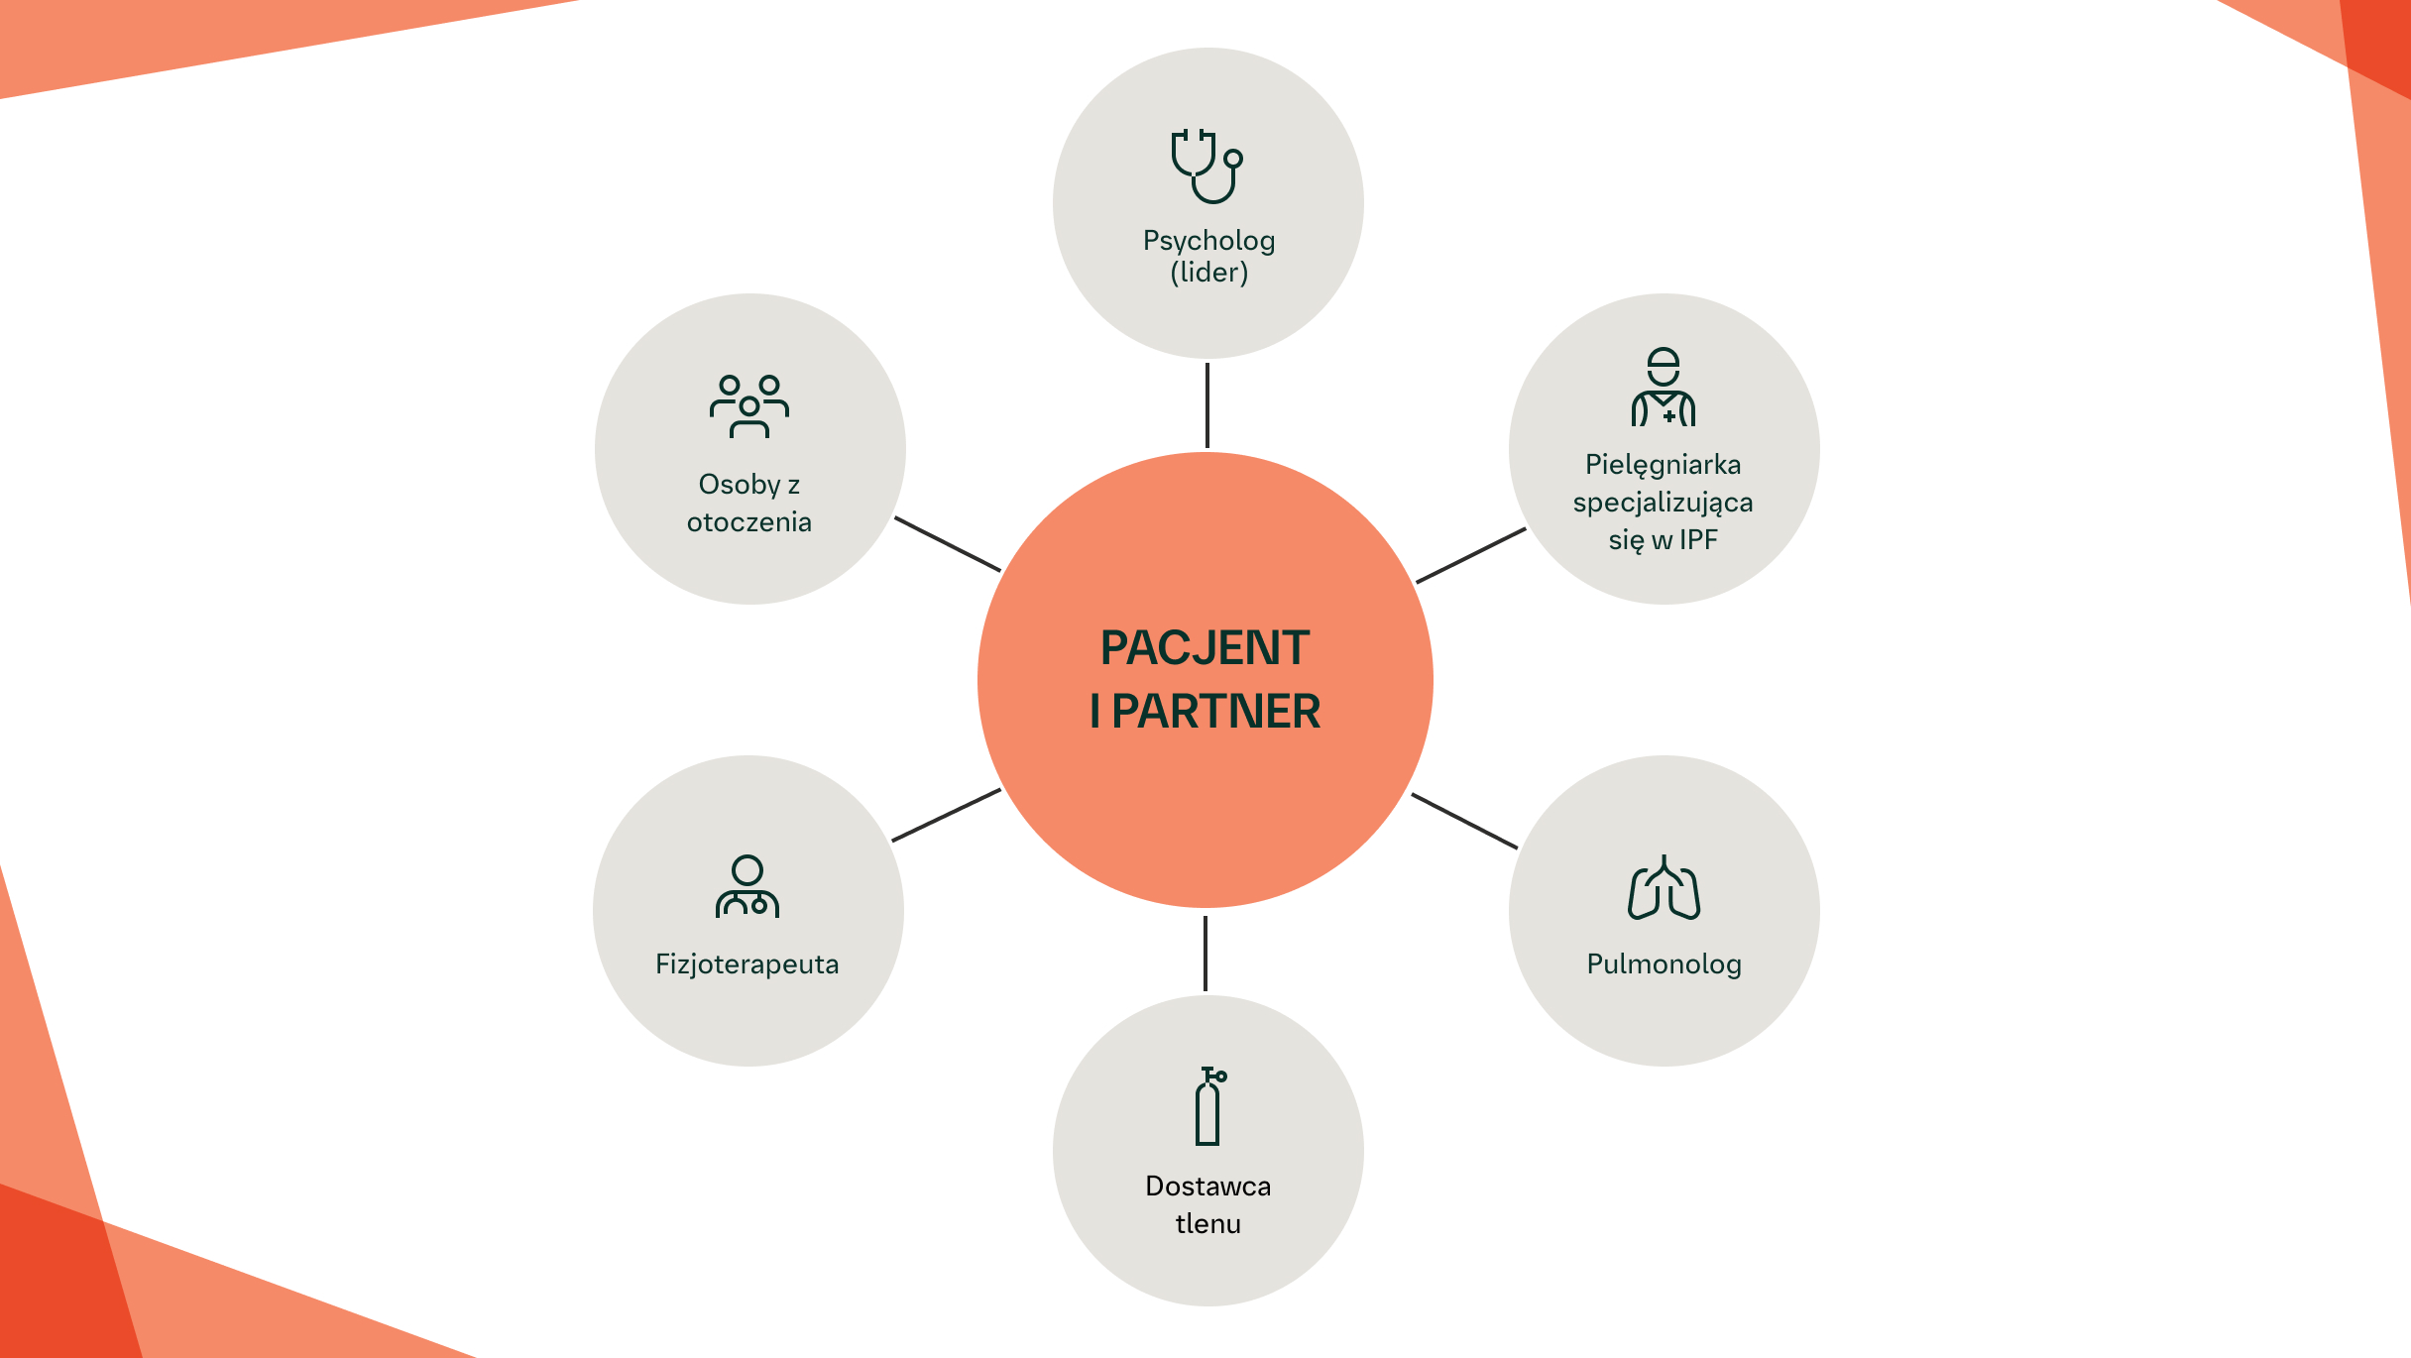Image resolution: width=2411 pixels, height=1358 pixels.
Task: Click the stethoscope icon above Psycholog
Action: [x=1206, y=167]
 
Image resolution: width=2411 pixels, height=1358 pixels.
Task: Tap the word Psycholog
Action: [x=1208, y=241]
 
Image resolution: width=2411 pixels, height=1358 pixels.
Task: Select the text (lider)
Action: [x=1208, y=273]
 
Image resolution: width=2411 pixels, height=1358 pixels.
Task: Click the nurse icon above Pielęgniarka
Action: [x=1664, y=388]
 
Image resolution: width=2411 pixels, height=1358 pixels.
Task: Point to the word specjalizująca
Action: [x=1663, y=503]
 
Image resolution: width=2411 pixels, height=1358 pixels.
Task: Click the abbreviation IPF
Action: [x=1698, y=540]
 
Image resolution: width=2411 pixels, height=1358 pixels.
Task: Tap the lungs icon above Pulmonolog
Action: [x=1664, y=888]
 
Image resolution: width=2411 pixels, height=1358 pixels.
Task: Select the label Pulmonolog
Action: [x=1664, y=964]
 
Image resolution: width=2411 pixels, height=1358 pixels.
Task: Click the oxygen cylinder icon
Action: [x=1208, y=1106]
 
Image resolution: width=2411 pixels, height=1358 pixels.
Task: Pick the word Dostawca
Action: [x=1207, y=1187]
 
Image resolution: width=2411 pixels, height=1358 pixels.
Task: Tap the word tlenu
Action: [x=1207, y=1224]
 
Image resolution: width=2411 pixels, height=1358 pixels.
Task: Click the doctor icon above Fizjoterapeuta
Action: [x=747, y=887]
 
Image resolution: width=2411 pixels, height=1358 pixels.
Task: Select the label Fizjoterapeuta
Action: [x=746, y=964]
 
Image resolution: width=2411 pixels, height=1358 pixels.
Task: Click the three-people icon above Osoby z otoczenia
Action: [x=749, y=406]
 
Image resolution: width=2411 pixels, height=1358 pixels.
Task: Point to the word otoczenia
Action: [x=748, y=522]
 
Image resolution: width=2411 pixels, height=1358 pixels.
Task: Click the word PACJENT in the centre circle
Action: [x=1205, y=648]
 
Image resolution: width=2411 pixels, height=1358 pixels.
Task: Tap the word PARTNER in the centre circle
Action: [x=1215, y=712]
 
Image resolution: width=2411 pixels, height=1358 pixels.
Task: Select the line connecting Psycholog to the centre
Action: [x=1206, y=405]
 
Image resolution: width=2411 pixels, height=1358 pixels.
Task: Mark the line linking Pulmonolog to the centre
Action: [x=1464, y=821]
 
